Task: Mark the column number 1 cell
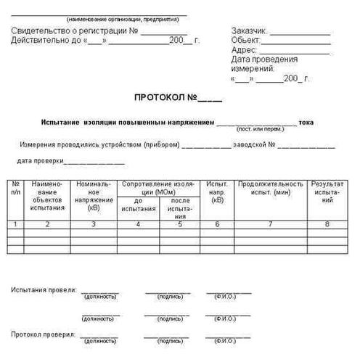point(16,223)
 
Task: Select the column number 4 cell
point(139,223)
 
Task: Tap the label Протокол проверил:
point(43,334)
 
